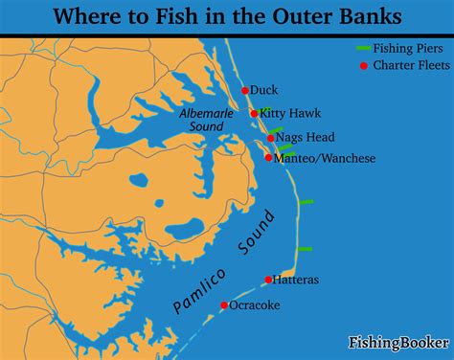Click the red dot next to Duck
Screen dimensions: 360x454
[x=244, y=90]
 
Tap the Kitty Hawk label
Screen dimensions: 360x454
[x=285, y=113]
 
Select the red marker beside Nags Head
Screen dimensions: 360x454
[x=271, y=138]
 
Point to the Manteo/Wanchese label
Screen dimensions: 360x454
[x=325, y=158]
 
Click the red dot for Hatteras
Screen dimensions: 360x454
[x=269, y=280]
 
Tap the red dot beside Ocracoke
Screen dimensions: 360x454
[x=224, y=305]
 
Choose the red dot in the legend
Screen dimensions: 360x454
[x=363, y=65]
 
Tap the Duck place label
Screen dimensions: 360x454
[x=263, y=90]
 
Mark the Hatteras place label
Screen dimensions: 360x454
[x=296, y=280]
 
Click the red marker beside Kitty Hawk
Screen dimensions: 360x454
[x=254, y=113]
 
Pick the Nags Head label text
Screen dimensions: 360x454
[x=303, y=138]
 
